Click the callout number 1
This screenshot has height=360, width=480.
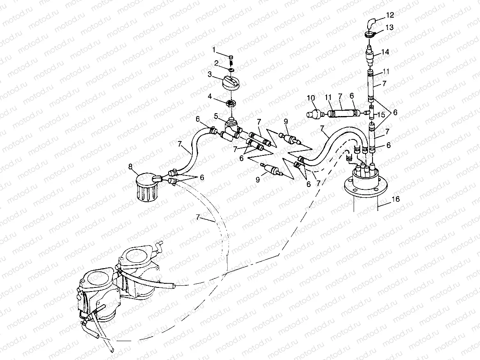click(x=213, y=50)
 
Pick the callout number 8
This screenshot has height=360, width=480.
click(x=130, y=166)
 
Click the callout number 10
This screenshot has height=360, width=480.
click(x=311, y=98)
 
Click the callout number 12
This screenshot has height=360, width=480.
click(x=390, y=15)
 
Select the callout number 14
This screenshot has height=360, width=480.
click(x=384, y=52)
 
